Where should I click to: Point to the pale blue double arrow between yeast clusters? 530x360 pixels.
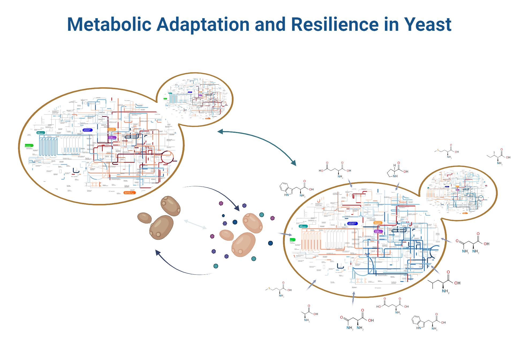195,224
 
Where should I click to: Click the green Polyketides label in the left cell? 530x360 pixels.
29,146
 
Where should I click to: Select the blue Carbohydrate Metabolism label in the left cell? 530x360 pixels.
87,130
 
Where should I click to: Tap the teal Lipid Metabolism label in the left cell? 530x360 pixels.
40,132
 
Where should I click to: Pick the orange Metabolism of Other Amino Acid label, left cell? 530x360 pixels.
129,193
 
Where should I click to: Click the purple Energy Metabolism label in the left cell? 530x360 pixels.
112,138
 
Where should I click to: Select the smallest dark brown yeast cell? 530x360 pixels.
145,218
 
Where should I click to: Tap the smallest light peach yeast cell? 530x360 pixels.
226,235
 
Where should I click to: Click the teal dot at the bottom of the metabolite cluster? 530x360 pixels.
216,266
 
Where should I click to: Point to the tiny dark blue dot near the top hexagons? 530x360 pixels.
223,215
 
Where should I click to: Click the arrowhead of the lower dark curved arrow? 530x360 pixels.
158,253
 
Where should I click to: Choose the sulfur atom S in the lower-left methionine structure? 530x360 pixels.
269,288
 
